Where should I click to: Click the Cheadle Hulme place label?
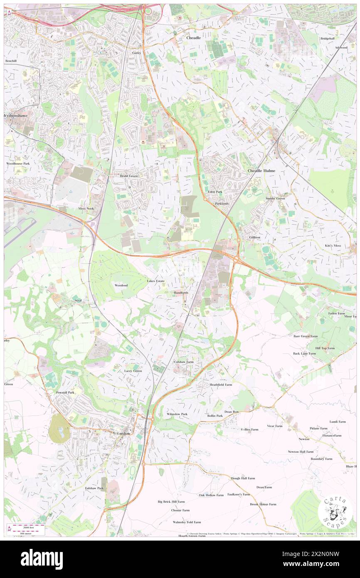point(261,171)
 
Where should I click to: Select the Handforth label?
point(181,293)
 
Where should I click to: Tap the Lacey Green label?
point(133,371)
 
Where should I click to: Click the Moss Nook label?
point(86,208)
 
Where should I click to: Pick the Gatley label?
point(137,53)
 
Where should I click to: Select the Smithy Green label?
point(275,199)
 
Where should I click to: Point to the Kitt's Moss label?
point(333,246)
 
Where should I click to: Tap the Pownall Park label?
point(65,393)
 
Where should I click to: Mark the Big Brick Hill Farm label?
point(174,502)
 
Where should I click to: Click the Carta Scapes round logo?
point(335,511)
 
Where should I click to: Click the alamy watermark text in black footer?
point(42,559)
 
